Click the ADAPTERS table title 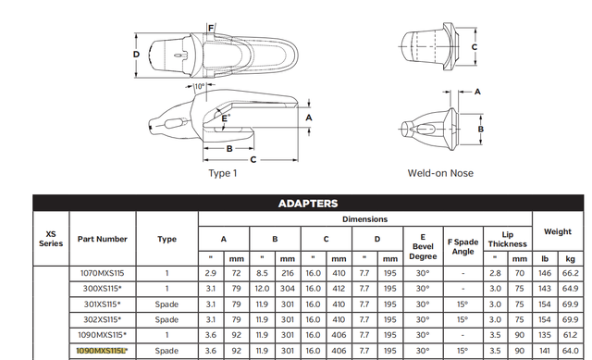pos(308,204)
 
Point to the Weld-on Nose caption pos(441,173)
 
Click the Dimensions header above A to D pos(366,219)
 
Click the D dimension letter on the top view pos(136,54)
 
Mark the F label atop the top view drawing pos(211,27)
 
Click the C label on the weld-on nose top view pos(474,46)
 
